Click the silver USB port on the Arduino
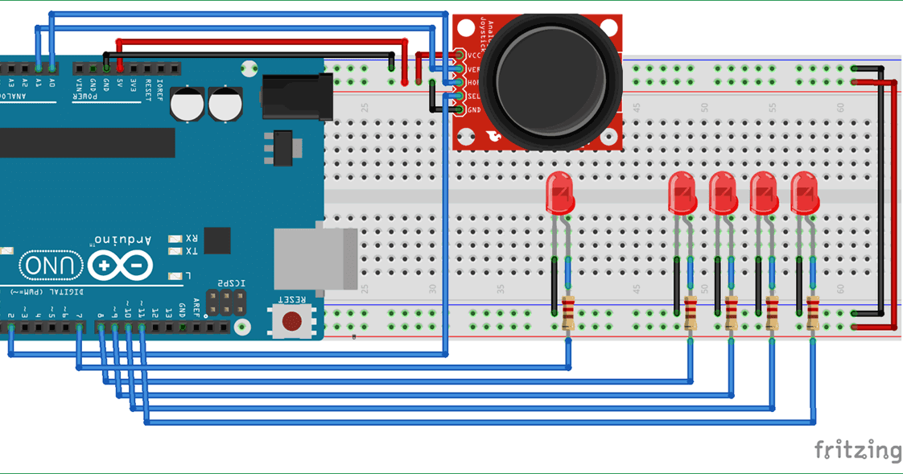[x=315, y=258]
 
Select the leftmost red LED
[x=559, y=193]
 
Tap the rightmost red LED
[x=804, y=193]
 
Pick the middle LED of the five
[x=722, y=193]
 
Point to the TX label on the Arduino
[x=192, y=252]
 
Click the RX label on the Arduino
[x=192, y=239]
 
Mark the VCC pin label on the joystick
[x=474, y=56]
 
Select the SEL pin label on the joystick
[x=474, y=96]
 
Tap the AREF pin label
[x=195, y=309]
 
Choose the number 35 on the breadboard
[x=501, y=288]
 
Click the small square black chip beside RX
[x=216, y=240]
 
